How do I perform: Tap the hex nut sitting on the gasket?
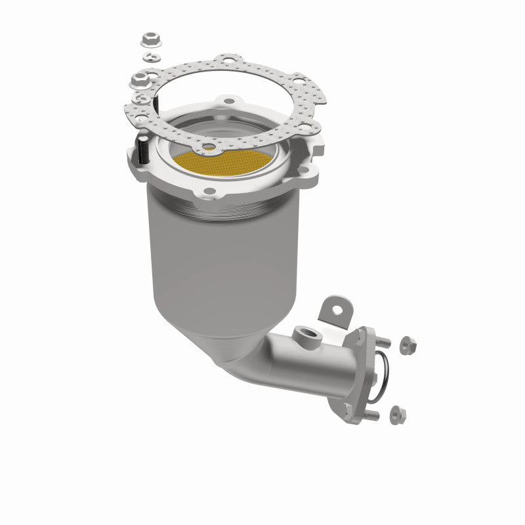click(x=139, y=81)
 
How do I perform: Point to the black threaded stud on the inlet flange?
click(x=142, y=150)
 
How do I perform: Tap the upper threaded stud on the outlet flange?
click(x=383, y=343)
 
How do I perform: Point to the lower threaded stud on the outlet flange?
click(x=371, y=415)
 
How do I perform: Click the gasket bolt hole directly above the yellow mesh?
click(x=209, y=146)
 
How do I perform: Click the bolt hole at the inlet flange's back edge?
click(x=229, y=102)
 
